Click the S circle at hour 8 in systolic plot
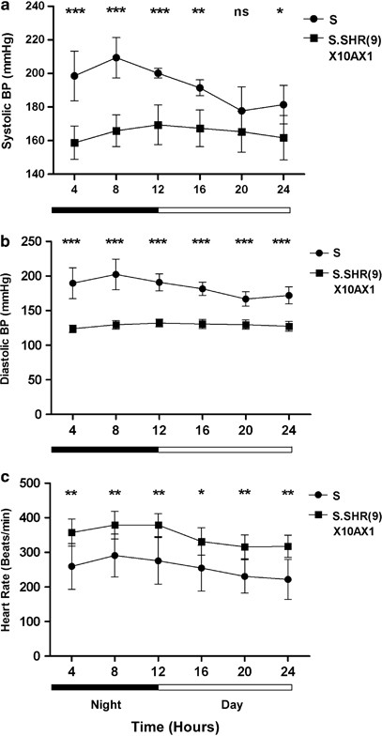tap(116, 57)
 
